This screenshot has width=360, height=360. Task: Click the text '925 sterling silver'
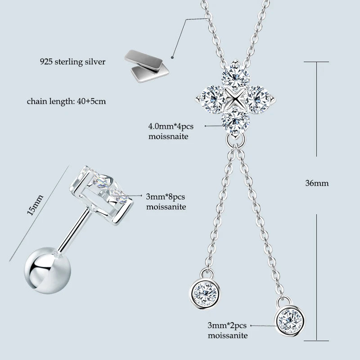72,62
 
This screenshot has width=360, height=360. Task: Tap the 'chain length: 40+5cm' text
66,101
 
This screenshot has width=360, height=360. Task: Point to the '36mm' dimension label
317,183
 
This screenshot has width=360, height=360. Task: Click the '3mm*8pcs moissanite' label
166,202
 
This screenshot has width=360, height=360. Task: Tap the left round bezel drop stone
205,292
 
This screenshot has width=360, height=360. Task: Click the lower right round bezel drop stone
288,320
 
